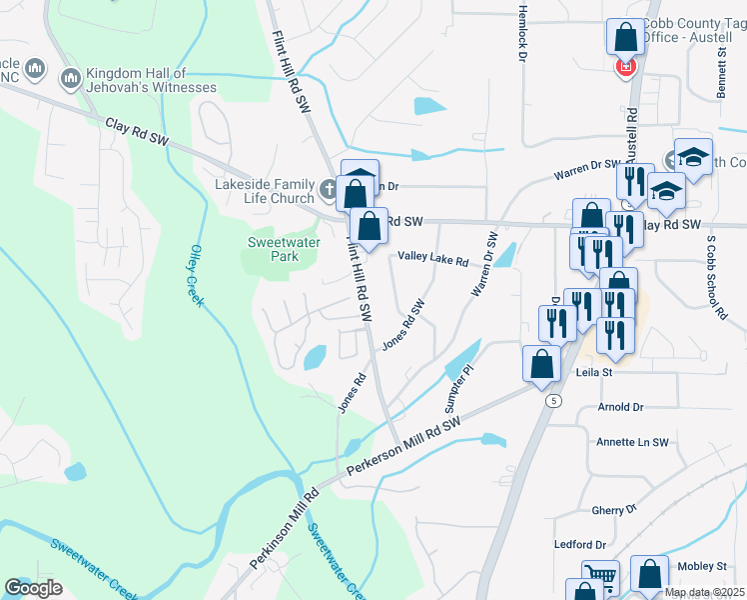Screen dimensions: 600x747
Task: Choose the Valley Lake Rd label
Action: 433,259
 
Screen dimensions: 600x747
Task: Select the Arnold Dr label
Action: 620,407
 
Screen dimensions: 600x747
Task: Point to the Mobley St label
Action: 699,567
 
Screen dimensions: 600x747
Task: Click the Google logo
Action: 33,588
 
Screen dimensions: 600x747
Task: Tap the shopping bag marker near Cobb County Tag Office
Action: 625,38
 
